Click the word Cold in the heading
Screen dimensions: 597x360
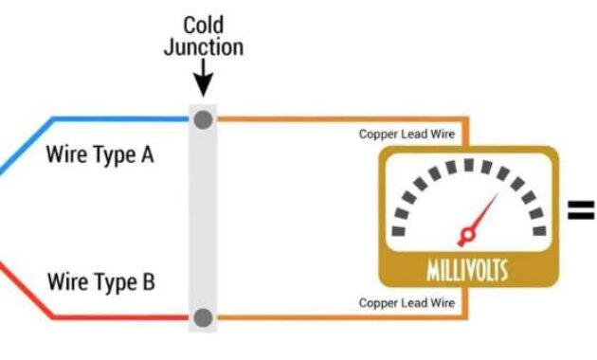click(x=203, y=24)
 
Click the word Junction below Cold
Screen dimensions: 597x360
click(x=203, y=46)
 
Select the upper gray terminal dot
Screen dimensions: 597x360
click(x=203, y=119)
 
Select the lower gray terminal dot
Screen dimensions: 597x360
click(x=203, y=317)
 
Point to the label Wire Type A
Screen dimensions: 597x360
click(x=99, y=153)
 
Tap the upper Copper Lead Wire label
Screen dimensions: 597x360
click(x=407, y=135)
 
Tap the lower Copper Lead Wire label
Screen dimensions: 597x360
click(x=407, y=303)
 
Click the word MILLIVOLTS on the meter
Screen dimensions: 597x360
click(x=466, y=273)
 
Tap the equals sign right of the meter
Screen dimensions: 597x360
click(x=581, y=209)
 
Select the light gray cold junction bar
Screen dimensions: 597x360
click(x=203, y=218)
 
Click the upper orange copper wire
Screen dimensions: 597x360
click(x=332, y=119)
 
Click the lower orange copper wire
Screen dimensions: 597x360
click(x=332, y=317)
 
